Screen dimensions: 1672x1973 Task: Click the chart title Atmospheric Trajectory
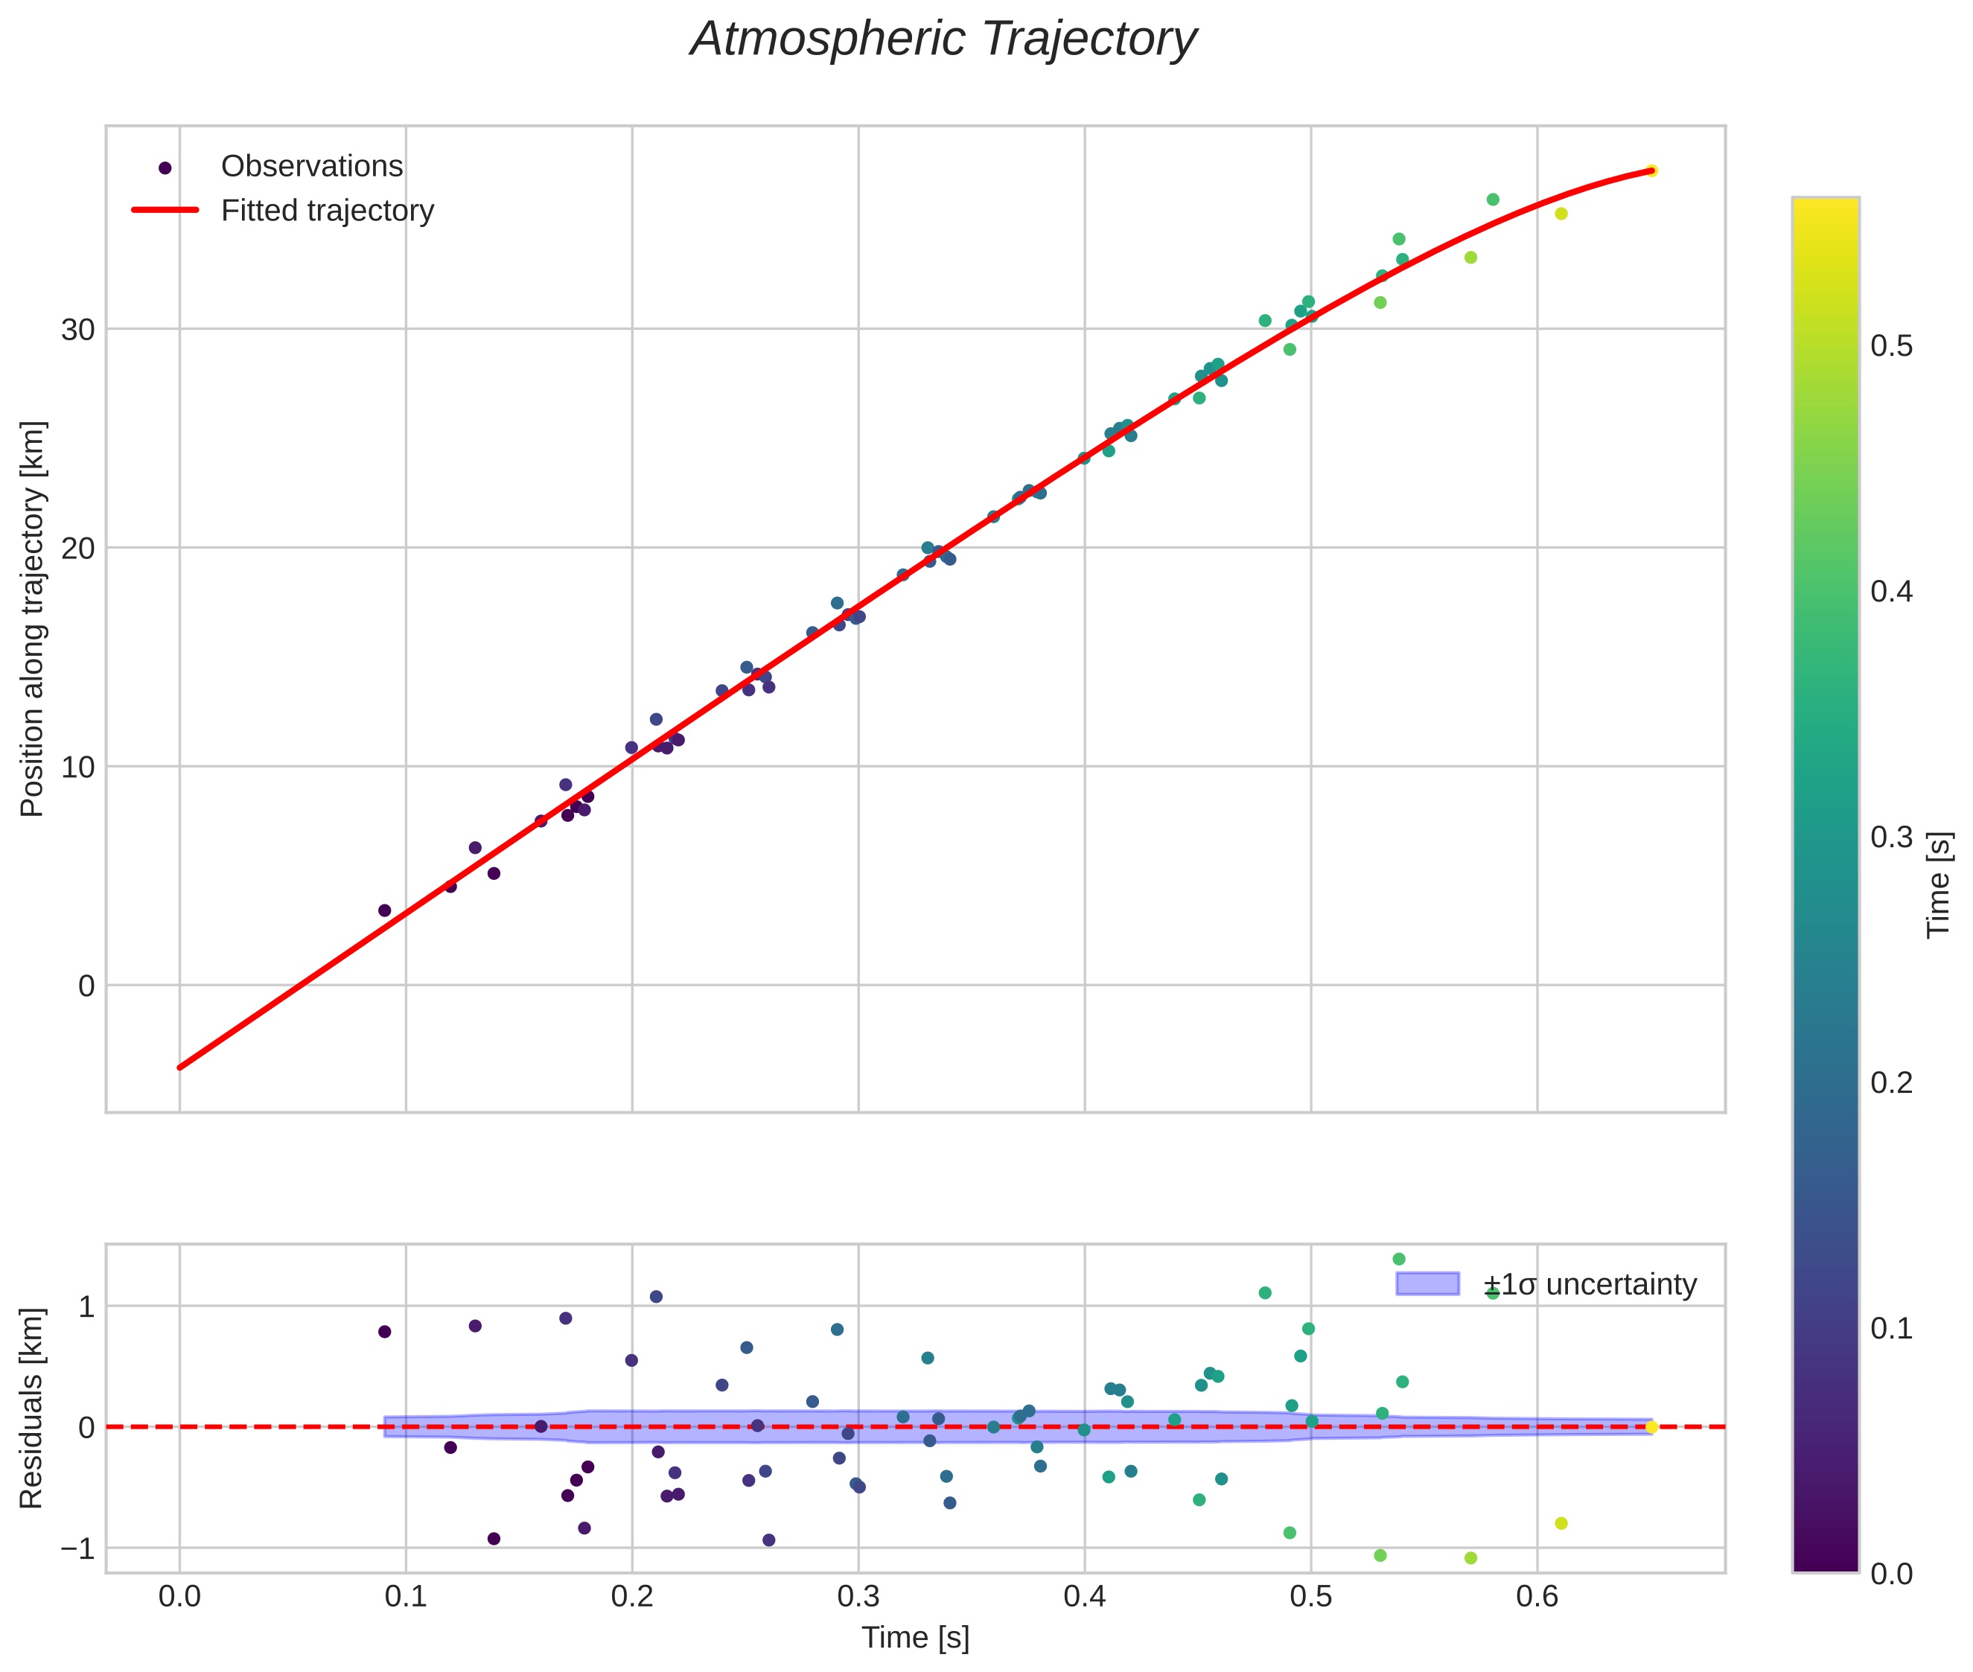tap(943, 39)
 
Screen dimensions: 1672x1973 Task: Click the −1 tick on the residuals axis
tap(77, 1548)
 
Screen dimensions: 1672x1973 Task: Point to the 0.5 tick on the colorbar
tap(1890, 347)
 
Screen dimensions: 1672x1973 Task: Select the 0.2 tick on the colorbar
tap(1890, 1082)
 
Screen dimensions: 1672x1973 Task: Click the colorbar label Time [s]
tap(1939, 884)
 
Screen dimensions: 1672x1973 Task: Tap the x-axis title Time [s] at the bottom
tap(915, 1638)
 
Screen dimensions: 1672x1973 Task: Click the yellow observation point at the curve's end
tap(1651, 170)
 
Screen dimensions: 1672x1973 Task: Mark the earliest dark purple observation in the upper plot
tap(384, 910)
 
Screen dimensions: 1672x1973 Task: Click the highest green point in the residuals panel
tap(1398, 1259)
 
